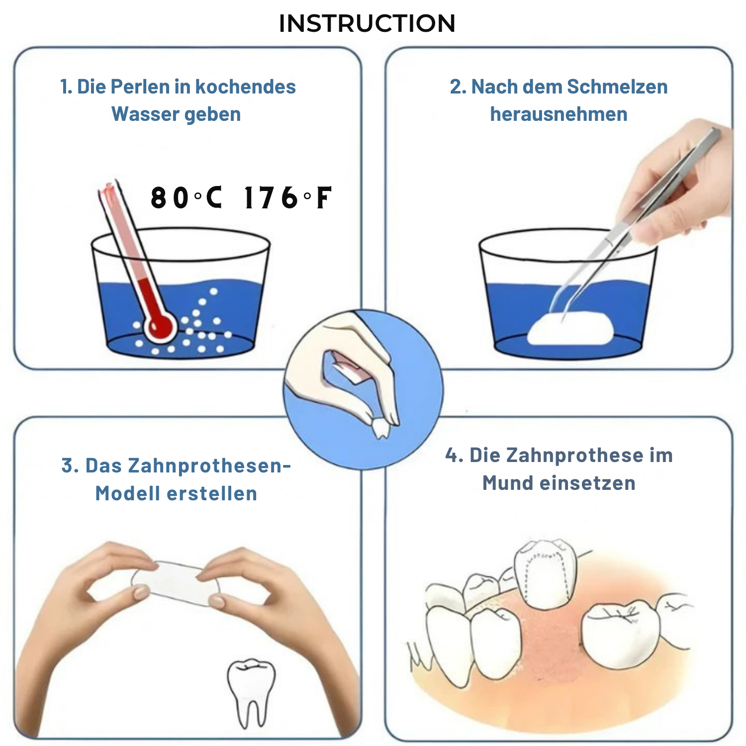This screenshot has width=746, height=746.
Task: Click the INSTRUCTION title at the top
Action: coord(367,23)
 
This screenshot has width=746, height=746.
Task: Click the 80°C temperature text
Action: coord(186,197)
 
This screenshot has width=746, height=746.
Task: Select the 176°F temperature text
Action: coord(287,197)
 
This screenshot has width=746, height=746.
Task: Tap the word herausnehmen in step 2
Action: coord(559,114)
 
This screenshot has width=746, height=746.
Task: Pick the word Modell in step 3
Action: coord(128,493)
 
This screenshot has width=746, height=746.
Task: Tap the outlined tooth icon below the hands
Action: coord(251,689)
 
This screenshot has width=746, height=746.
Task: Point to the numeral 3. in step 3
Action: coord(70,466)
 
